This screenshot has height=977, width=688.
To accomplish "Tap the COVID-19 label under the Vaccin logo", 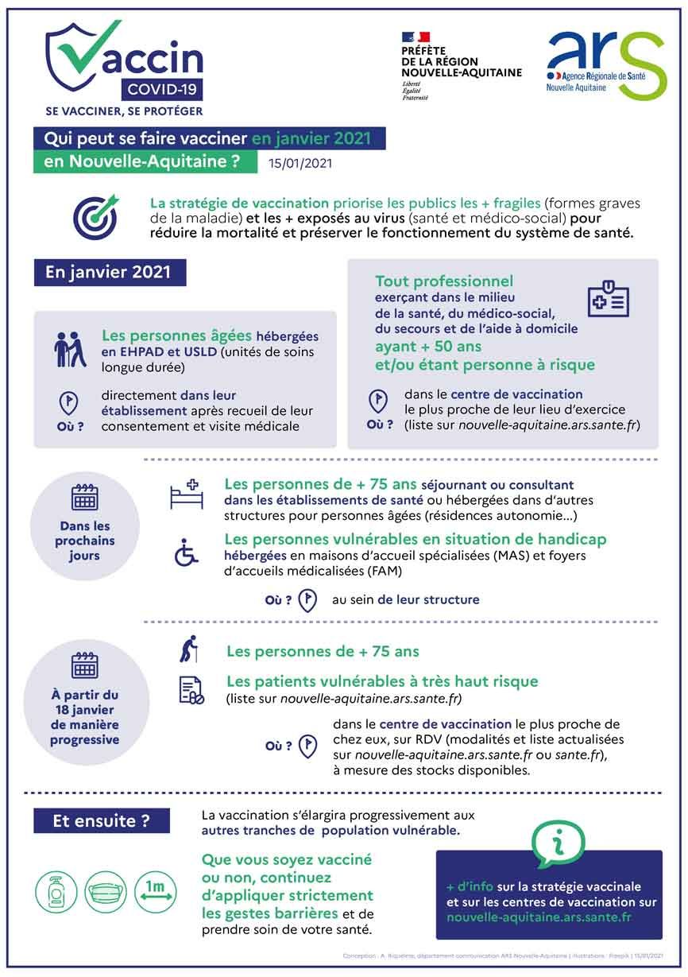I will click(160, 89).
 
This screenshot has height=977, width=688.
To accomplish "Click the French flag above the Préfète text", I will click(416, 37).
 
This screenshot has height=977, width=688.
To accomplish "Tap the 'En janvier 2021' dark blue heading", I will click(108, 273).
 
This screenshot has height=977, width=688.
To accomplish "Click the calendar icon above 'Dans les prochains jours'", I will click(84, 498).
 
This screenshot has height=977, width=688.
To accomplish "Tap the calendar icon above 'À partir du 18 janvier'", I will click(84, 665).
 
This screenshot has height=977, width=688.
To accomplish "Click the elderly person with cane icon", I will click(187, 649).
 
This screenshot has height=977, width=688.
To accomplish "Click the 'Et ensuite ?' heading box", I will click(101, 821).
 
